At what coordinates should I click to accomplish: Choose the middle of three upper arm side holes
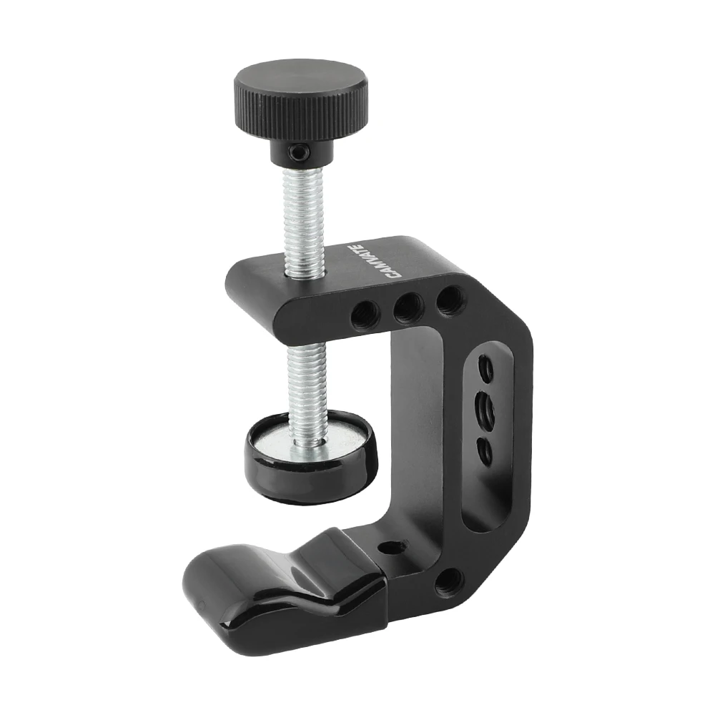tap(408, 307)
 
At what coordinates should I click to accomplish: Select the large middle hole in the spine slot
tap(486, 410)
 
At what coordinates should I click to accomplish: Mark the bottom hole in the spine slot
tap(485, 450)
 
